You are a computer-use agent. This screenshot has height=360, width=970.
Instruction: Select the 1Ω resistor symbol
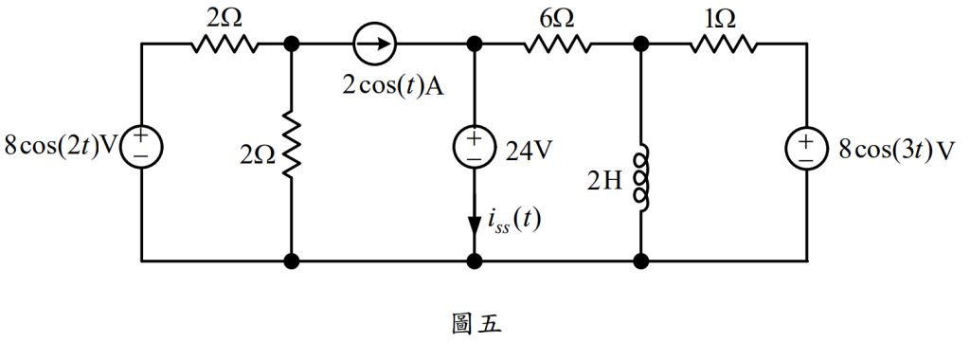pos(725,44)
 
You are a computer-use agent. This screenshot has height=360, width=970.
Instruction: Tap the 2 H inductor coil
pos(642,178)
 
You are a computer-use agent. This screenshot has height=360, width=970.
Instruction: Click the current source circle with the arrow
pos(376,44)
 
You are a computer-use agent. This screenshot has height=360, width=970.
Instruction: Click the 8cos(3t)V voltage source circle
pos(807,149)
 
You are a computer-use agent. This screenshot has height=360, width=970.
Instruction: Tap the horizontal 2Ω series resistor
pos(225,44)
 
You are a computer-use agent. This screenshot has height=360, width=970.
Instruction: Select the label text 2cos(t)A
pos(394,86)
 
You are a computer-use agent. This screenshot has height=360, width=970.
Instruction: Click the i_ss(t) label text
pos(512,225)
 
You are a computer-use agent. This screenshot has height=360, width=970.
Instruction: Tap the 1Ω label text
pos(723,16)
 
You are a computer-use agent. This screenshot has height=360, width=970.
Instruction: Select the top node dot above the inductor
pos(642,44)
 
